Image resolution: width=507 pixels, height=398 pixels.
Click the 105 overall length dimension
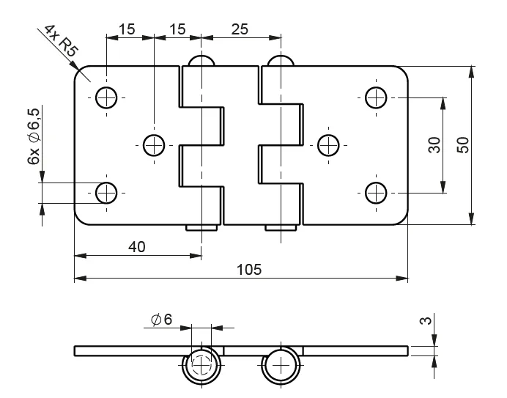[x=249, y=270]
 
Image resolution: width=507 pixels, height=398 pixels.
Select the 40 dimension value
[x=137, y=247]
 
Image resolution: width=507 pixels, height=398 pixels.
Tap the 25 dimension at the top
[x=240, y=29]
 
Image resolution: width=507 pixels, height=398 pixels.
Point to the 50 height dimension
[x=463, y=144]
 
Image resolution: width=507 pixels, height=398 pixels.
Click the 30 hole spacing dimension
[x=434, y=144]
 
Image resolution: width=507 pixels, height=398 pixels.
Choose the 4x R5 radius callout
[x=61, y=40]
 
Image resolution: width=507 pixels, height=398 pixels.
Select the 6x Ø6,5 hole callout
[x=34, y=136]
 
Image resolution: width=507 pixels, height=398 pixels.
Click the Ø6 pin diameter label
[x=162, y=320]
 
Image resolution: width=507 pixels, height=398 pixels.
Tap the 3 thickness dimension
[x=426, y=320]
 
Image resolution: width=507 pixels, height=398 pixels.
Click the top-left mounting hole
[x=106, y=97]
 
